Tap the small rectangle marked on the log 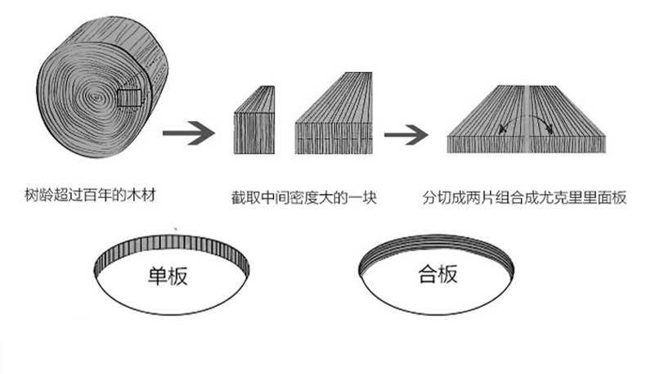coord(130,98)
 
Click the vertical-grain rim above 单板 coord(171,246)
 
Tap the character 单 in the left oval coord(158,275)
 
